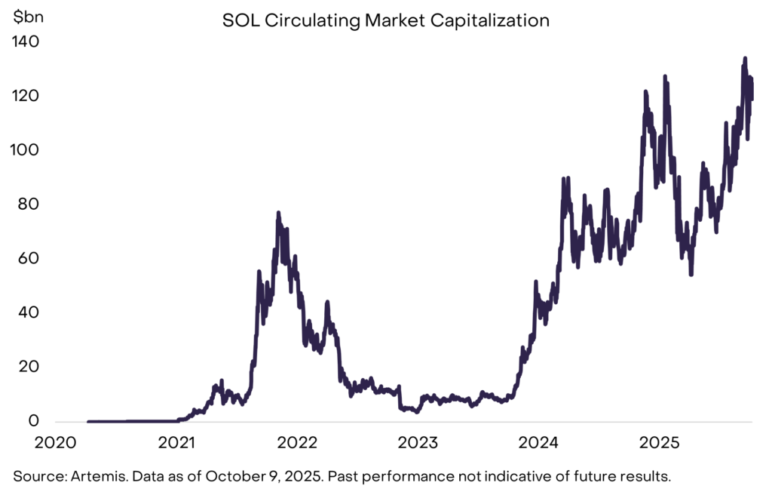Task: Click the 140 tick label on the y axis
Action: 27,42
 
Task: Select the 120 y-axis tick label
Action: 27,97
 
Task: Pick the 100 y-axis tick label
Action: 27,151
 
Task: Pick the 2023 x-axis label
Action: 418,441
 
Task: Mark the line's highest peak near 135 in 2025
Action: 745,58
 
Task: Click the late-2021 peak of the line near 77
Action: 278,213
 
